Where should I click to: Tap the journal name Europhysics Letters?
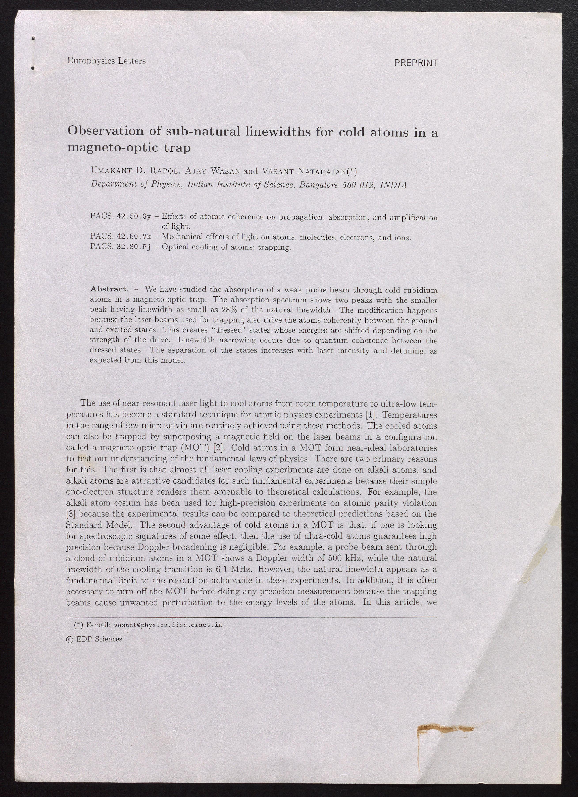point(106,61)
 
